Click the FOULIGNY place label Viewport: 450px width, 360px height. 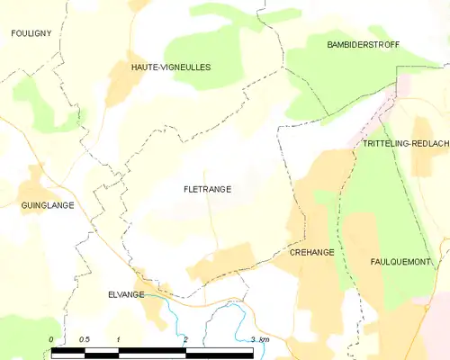tap(30, 33)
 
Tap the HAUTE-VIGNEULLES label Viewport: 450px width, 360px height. tap(171, 67)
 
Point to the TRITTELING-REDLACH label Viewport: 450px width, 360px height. tap(404, 144)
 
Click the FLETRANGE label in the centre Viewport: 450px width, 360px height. tap(207, 190)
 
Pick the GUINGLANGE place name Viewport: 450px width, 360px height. tap(47, 205)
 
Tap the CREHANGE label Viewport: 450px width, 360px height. tap(311, 253)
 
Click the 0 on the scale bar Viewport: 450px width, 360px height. tap(51, 339)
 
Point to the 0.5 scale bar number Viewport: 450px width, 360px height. tap(84, 339)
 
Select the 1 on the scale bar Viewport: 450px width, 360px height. tap(118, 339)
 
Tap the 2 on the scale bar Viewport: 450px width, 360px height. tap(185, 339)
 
